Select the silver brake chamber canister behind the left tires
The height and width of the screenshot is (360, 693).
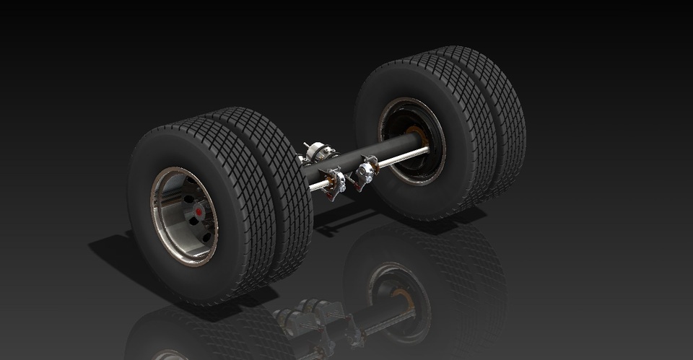(318, 152)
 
